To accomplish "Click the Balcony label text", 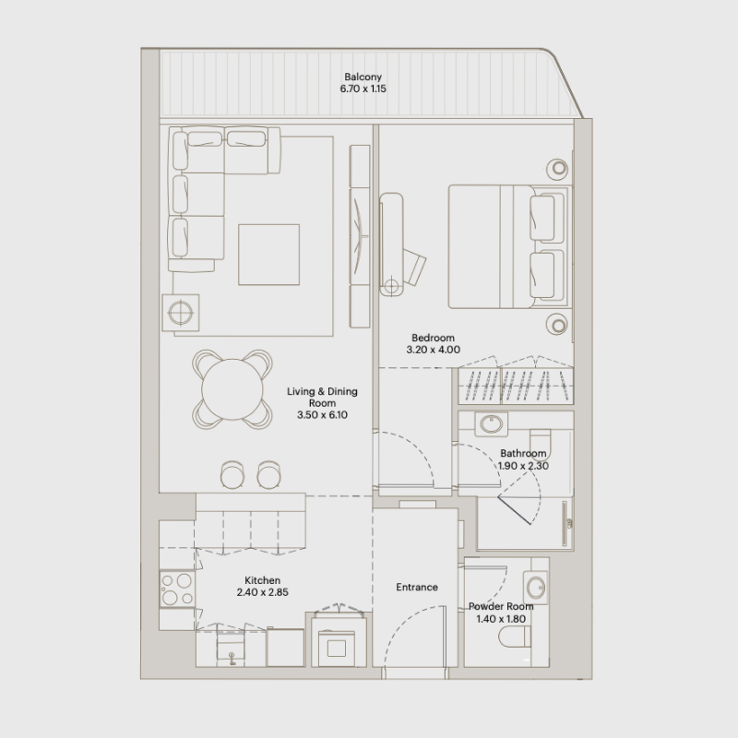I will point(363,77).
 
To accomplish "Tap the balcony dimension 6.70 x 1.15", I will point(363,90).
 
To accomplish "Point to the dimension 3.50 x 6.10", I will point(321,416).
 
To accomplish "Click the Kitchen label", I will point(262,580).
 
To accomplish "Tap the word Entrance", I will point(416,587).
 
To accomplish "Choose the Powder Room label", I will point(500,606).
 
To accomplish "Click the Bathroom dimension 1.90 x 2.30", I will point(523,467).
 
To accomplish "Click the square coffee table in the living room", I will point(268,254).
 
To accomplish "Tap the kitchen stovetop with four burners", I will point(175,589).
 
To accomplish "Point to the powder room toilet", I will point(510,636).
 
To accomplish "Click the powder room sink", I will point(534,584).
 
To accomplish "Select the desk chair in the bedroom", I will point(415,264).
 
